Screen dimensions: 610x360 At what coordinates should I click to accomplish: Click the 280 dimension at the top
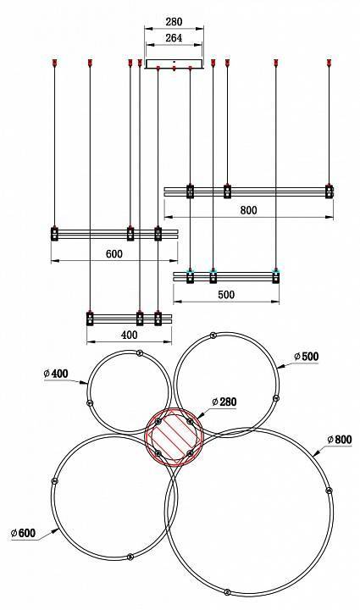(173, 22)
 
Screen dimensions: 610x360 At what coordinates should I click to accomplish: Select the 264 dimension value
(173, 37)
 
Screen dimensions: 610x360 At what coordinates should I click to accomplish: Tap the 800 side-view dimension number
(248, 210)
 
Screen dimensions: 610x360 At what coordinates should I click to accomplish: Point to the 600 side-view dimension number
(114, 253)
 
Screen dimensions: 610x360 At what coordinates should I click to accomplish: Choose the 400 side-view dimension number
(129, 335)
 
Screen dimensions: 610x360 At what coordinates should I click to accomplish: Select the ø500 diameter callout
(306, 357)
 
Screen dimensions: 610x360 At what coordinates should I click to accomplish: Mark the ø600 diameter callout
(23, 532)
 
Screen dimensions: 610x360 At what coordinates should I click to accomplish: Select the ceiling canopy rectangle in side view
(174, 64)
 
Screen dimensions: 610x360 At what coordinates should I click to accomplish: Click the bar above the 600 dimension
(114, 233)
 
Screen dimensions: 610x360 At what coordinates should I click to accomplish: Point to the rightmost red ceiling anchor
(329, 62)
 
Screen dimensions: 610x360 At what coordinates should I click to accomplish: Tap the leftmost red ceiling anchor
(54, 62)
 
